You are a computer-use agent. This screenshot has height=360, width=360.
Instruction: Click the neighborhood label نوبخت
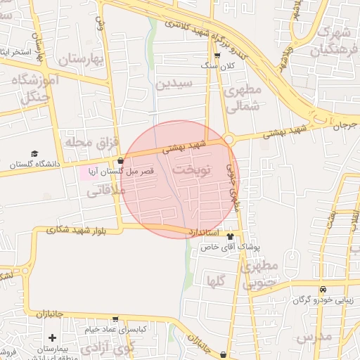point(191,171)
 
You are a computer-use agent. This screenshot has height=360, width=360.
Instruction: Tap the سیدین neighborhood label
point(174,84)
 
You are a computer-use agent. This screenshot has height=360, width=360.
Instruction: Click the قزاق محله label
point(90,142)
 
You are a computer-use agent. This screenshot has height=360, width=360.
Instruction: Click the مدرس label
point(314,337)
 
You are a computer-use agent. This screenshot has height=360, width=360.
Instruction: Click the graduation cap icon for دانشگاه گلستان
point(34,154)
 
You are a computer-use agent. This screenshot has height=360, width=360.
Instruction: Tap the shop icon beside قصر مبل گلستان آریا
point(121,161)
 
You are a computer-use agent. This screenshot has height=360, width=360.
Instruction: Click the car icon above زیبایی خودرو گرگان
point(322,290)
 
